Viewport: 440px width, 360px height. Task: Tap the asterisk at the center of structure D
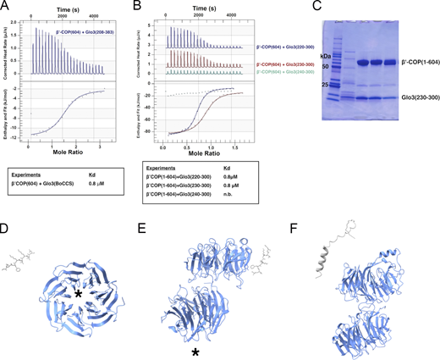coord(78,294)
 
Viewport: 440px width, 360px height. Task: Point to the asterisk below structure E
coord(196,350)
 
